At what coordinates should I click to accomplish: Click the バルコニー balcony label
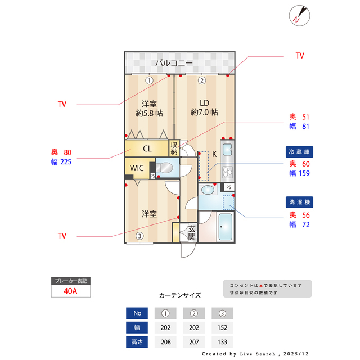(174, 63)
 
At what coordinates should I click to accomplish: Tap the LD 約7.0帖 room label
(204, 107)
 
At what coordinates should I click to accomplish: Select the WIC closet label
(137, 168)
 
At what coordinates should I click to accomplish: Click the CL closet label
(147, 149)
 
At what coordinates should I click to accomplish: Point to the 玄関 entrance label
(191, 232)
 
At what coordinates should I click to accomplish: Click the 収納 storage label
(174, 148)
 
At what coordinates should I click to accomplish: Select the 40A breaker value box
(70, 291)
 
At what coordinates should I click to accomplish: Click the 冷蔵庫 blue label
(300, 151)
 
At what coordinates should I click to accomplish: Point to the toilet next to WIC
(167, 168)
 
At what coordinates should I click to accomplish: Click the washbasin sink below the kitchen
(208, 190)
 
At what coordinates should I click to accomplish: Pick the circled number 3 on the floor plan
(139, 236)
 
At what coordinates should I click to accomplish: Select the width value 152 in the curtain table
(222, 328)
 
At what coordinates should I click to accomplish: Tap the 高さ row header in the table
(137, 342)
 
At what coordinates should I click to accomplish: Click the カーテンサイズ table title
(180, 295)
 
